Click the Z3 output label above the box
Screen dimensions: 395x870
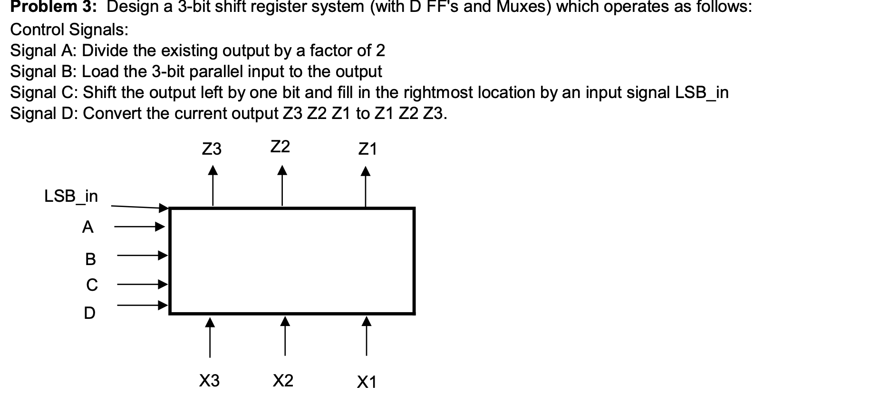212,149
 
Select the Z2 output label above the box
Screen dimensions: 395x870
280,147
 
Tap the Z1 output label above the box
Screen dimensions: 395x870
367,149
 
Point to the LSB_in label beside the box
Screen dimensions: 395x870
71,196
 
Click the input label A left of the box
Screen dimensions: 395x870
88,227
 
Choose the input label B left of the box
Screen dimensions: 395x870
90,259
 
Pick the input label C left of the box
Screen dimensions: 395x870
92,285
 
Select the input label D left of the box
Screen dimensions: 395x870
89,313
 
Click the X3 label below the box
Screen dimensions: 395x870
209,380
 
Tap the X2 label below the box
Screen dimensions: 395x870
283,380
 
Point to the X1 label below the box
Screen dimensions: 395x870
367,381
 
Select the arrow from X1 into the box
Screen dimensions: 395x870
366,336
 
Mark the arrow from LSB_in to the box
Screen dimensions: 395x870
140,207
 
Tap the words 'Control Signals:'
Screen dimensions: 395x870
69,30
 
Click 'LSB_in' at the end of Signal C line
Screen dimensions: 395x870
702,92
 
